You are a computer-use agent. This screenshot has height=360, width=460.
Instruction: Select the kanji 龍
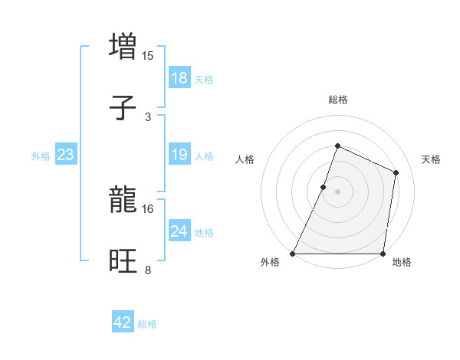[123, 201]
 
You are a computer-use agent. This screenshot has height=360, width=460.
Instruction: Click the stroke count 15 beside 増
[148, 55]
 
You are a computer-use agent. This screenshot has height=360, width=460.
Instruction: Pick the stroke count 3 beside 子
[148, 117]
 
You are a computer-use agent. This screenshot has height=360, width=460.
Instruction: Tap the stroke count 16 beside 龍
[148, 208]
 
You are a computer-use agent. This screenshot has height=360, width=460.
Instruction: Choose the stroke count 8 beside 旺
[148, 270]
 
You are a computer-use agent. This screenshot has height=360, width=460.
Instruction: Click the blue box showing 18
[179, 78]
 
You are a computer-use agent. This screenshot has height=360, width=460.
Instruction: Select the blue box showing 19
[179, 155]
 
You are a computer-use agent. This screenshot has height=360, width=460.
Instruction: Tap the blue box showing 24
[179, 231]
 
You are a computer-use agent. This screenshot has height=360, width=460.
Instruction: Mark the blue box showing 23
[66, 155]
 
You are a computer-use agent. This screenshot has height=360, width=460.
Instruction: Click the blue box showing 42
[123, 322]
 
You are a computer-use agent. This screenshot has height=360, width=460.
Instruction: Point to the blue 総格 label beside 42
[147, 324]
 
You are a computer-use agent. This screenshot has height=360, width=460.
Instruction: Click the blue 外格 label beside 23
[41, 156]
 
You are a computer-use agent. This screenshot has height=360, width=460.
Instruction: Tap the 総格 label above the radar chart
[337, 100]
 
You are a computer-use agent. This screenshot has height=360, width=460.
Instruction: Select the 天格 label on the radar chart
[431, 159]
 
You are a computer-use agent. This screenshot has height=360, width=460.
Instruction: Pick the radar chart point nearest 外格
[293, 254]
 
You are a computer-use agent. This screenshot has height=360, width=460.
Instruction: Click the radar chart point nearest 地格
[383, 254]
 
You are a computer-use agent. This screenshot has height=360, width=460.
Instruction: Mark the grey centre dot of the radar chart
[337, 191]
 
